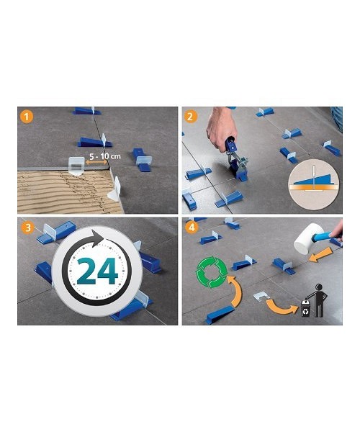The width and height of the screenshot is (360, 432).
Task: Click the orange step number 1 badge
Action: [27, 116]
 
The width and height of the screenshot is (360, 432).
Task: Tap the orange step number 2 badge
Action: [190, 116]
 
